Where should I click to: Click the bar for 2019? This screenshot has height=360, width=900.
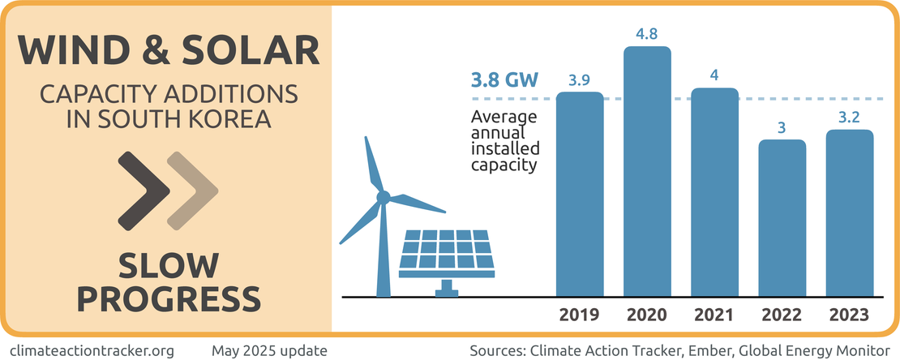click(580, 195)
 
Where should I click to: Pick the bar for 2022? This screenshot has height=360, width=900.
click(782, 218)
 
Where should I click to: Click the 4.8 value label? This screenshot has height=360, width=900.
click(647, 35)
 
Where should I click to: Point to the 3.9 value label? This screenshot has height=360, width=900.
click(580, 80)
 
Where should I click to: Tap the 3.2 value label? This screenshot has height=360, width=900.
click(850, 118)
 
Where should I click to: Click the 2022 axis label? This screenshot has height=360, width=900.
click(782, 315)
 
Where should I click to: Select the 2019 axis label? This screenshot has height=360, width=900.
click(580, 315)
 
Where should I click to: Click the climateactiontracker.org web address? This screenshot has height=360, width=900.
click(94, 350)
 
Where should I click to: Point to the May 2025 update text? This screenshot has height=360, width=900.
click(269, 350)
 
